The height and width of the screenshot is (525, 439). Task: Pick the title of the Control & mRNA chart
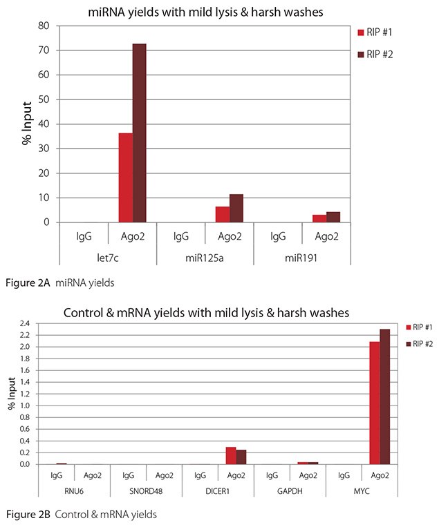[207, 312]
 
